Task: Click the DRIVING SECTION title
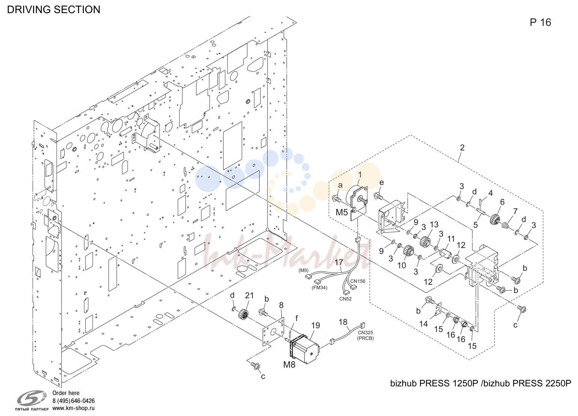pyautogui.click(x=53, y=9)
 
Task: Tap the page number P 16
pyautogui.click(x=540, y=23)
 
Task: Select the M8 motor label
pyautogui.click(x=289, y=365)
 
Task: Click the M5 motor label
pyautogui.click(x=342, y=212)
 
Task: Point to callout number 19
pyautogui.click(x=315, y=326)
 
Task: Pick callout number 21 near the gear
pyautogui.click(x=249, y=295)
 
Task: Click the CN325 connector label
pyautogui.click(x=365, y=332)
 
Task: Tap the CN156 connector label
pyautogui.click(x=358, y=281)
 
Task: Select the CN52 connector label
pyautogui.click(x=346, y=299)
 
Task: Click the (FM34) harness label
pyautogui.click(x=320, y=288)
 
